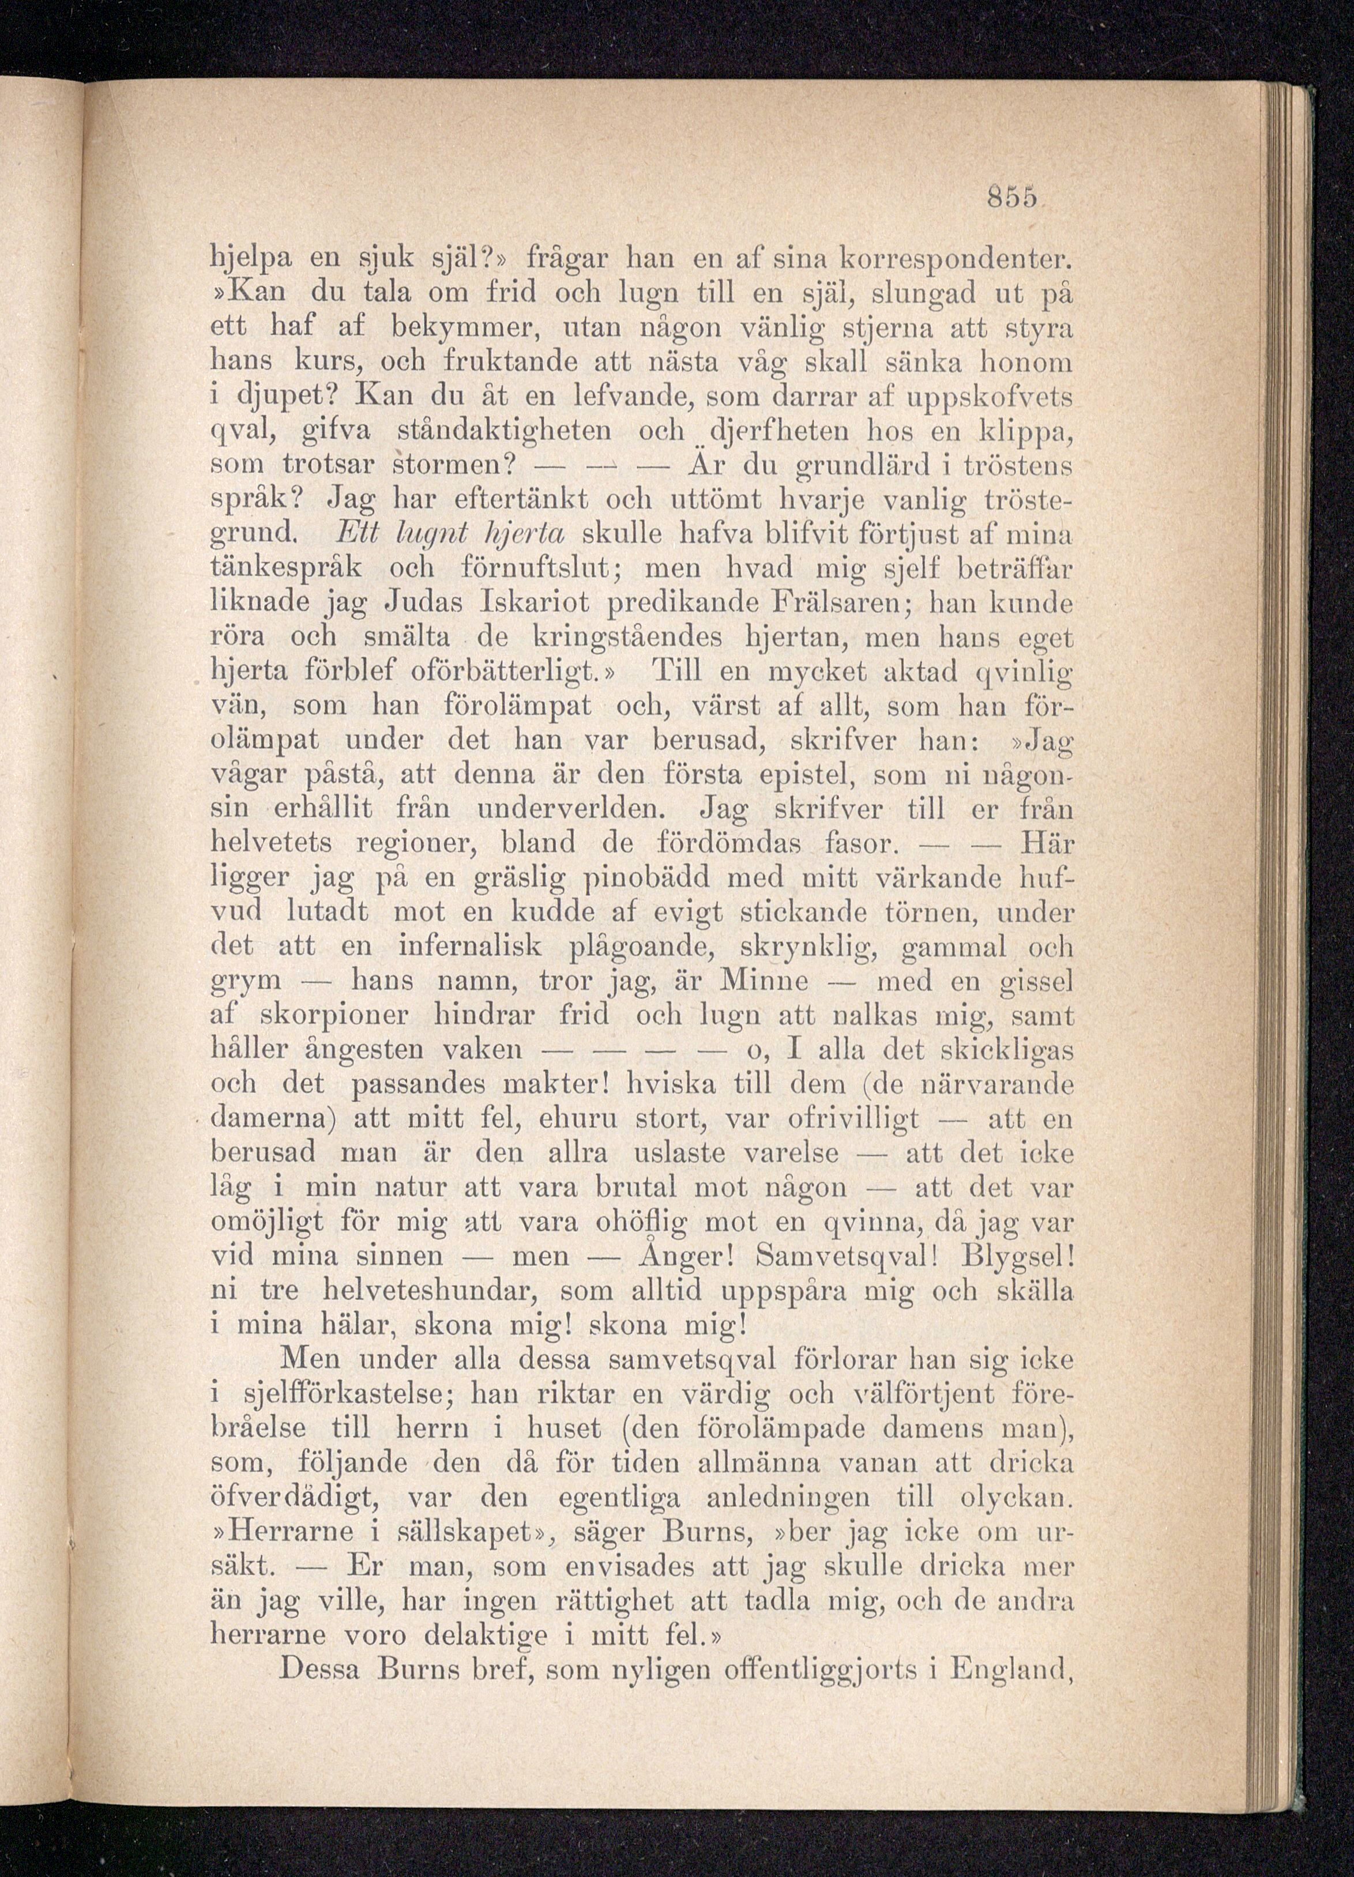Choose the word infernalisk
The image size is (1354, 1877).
click(x=470, y=947)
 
